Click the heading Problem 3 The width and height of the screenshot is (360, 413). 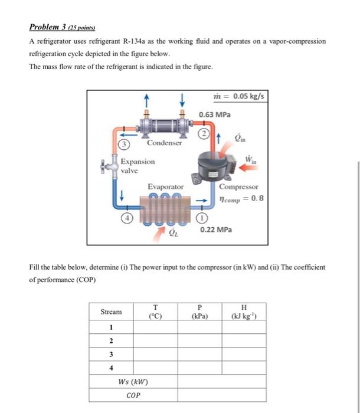click(x=64, y=27)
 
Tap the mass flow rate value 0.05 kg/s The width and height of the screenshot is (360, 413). click(x=240, y=96)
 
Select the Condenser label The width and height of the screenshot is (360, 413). click(x=165, y=143)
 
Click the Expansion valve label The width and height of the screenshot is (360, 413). click(x=138, y=166)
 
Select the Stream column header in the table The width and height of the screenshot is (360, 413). click(x=112, y=312)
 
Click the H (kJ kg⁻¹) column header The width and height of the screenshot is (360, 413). click(x=244, y=312)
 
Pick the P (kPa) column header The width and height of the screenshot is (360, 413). click(x=199, y=312)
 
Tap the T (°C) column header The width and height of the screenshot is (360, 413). click(x=155, y=312)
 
